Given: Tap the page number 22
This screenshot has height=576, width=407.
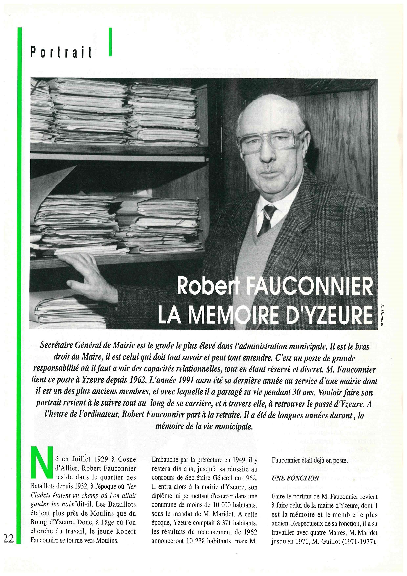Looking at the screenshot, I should click(x=9, y=538).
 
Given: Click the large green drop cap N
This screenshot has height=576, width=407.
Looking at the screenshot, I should click(x=41, y=462).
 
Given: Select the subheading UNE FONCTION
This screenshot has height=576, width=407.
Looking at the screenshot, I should click(x=295, y=478).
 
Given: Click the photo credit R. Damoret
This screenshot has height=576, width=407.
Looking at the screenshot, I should click(x=382, y=316).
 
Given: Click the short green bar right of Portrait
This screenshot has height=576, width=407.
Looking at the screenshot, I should click(x=110, y=42).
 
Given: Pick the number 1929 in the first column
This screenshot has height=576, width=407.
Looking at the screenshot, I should click(x=100, y=460).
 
